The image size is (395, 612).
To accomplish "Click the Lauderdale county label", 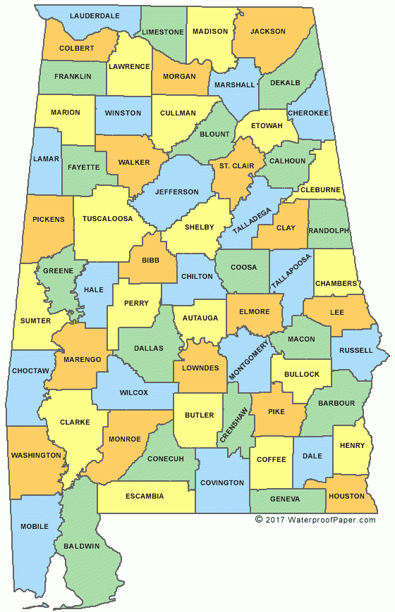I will [95, 15].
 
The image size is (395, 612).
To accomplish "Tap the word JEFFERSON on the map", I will [178, 192].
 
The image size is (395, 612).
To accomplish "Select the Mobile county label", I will [35, 526].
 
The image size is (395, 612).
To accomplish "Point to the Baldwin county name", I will [81, 546].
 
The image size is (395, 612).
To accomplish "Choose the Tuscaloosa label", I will [107, 218].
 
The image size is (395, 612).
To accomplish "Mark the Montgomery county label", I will [244, 359].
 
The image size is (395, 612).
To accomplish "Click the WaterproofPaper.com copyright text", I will [315, 520].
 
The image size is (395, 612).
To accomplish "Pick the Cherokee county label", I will [308, 113].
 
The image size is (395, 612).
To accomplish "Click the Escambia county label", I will [145, 496].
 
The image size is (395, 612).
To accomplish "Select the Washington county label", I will [36, 455].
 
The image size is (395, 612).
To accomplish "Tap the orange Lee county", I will [337, 311].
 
